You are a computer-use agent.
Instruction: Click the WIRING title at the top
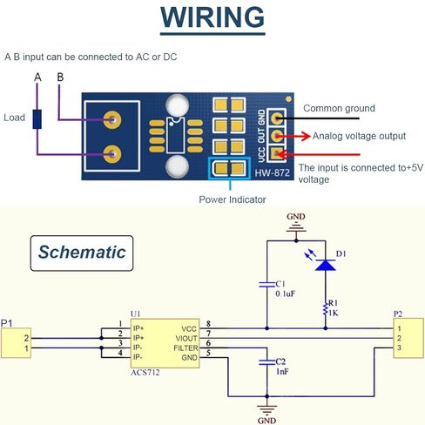[x=212, y=17]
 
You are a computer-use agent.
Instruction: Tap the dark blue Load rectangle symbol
[x=37, y=119]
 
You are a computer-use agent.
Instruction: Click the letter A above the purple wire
[x=37, y=78]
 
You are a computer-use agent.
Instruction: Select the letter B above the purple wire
[x=60, y=78]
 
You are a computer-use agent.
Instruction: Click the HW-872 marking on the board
[x=272, y=173]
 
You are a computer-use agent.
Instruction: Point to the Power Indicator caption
[x=233, y=199]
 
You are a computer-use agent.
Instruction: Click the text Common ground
[x=339, y=108]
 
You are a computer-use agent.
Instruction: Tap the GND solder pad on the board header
[x=277, y=118]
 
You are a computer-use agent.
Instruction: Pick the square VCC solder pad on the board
[x=277, y=153]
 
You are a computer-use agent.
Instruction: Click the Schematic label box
[x=82, y=253]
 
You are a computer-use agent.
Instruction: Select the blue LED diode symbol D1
[x=325, y=265]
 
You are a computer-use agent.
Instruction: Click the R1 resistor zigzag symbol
[x=325, y=309]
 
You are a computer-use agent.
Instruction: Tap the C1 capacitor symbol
[x=266, y=284]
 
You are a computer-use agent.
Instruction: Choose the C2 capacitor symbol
[x=266, y=362]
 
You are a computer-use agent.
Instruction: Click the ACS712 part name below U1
[x=145, y=373]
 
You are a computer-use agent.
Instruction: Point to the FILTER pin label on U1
[x=186, y=348]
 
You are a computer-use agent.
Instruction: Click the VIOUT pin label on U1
[x=186, y=339]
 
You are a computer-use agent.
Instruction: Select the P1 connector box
[x=16, y=343]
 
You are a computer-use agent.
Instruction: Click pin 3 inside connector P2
[x=399, y=347]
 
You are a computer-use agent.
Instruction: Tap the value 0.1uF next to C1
[x=285, y=293]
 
